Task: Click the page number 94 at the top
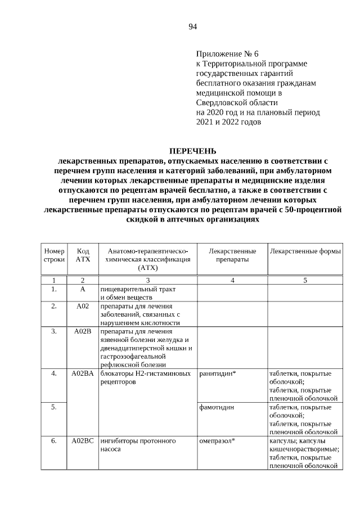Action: pyautogui.click(x=192, y=26)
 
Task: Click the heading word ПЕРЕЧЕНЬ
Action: pyautogui.click(x=192, y=151)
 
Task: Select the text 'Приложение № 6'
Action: pyautogui.click(x=227, y=54)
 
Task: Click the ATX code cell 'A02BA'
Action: pyautogui.click(x=83, y=373)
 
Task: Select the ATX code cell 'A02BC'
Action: pyautogui.click(x=83, y=440)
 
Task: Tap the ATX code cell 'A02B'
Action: pyautogui.click(x=83, y=331)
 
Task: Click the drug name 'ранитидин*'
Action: pyautogui.click(x=218, y=373)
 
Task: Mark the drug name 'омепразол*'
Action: pyautogui.click(x=217, y=440)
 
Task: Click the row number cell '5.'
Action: pyautogui.click(x=54, y=407)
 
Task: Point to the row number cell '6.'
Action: pyautogui.click(x=54, y=440)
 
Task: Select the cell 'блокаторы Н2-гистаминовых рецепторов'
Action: pyautogui.click(x=145, y=377)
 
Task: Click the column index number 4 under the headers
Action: pyautogui.click(x=232, y=280)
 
